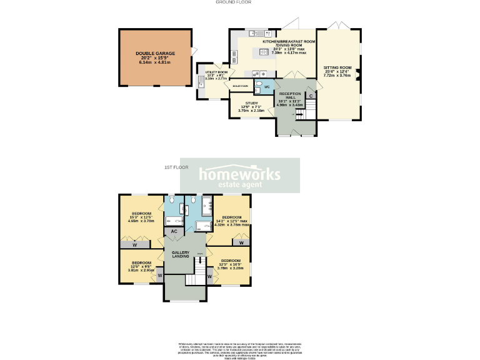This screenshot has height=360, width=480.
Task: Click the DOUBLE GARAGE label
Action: point(153,54)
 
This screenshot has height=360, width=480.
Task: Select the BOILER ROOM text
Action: point(241,86)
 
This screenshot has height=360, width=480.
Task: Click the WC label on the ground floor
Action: point(266,87)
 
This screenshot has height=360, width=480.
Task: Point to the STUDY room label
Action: point(252,103)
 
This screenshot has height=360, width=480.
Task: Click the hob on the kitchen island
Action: point(264,52)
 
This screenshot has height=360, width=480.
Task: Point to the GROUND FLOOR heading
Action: point(234,2)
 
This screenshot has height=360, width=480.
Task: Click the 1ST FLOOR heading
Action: point(176,167)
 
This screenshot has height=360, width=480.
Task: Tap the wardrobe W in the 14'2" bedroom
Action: point(242,242)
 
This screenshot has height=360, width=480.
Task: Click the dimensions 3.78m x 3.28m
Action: point(231,268)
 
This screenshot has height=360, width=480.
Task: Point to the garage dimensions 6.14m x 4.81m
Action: point(153,63)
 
